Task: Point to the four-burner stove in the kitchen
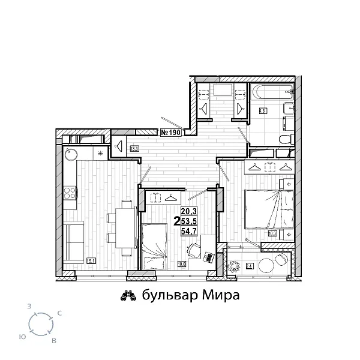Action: click(70, 193)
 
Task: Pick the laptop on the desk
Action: click(208, 257)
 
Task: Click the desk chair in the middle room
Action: click(192, 247)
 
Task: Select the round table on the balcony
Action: click(280, 263)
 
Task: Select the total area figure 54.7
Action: click(188, 231)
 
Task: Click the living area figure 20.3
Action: click(188, 211)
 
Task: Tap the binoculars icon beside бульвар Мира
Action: click(127, 295)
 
